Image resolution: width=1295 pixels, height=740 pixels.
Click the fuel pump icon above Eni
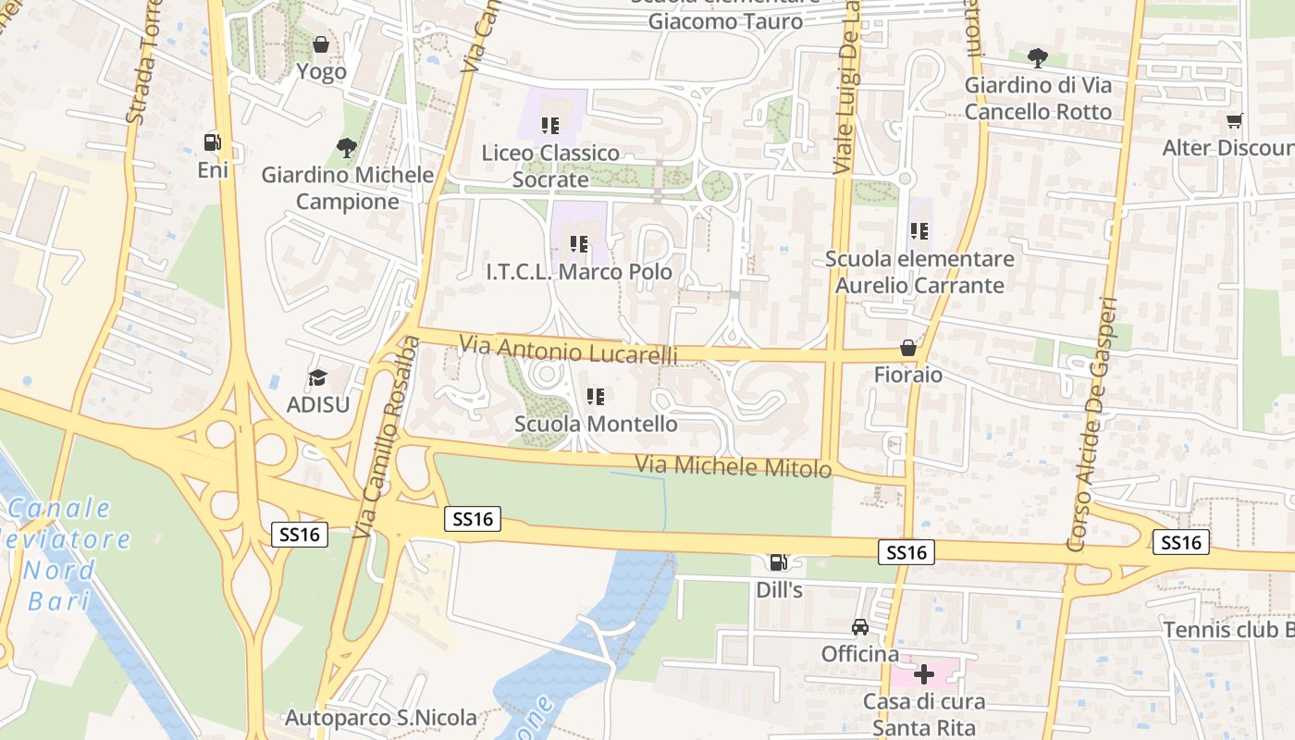(x=213, y=142)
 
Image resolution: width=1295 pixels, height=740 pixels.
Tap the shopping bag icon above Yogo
(x=321, y=44)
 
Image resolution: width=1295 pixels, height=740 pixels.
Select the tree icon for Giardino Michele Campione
(x=347, y=147)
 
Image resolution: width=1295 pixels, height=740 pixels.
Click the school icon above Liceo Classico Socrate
(x=551, y=125)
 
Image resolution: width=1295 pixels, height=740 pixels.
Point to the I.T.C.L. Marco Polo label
(x=579, y=273)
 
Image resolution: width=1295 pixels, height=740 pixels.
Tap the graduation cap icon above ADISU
(x=318, y=377)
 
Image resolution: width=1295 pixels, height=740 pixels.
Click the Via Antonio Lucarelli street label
(x=568, y=351)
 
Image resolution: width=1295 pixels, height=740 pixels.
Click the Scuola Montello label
(x=596, y=424)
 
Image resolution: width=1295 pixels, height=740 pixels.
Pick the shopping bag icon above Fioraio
(x=908, y=348)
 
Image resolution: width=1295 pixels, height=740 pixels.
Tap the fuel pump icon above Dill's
(x=779, y=561)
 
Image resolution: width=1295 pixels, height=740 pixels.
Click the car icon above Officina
(x=860, y=627)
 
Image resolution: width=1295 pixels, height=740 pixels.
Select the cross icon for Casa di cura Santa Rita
(x=923, y=674)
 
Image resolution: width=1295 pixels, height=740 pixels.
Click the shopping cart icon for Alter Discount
(x=1234, y=121)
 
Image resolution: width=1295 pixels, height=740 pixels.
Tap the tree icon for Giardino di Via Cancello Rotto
(x=1038, y=58)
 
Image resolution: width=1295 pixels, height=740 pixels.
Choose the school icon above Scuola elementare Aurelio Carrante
(x=919, y=231)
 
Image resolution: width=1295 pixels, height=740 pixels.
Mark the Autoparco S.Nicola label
(x=380, y=717)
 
